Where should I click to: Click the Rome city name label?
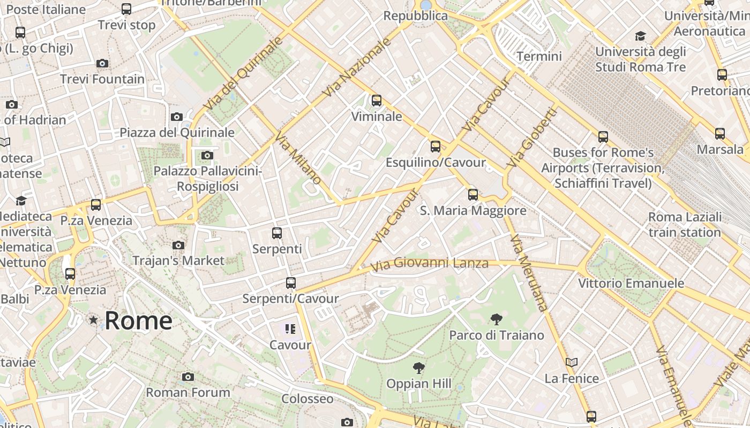pyautogui.click(x=138, y=320)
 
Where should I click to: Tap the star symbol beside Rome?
pyautogui.click(x=94, y=320)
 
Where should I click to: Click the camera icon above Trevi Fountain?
pyautogui.click(x=102, y=63)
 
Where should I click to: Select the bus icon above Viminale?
pyautogui.click(x=377, y=100)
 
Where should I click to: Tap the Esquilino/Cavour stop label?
pyautogui.click(x=436, y=162)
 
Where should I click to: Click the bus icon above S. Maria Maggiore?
pyautogui.click(x=473, y=194)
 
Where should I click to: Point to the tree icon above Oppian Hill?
pyautogui.click(x=419, y=368)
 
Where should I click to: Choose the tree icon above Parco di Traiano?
pyautogui.click(x=497, y=319)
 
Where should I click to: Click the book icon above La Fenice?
pyautogui.click(x=572, y=362)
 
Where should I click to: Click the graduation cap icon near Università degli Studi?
pyautogui.click(x=640, y=36)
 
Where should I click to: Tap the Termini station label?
pyautogui.click(x=539, y=56)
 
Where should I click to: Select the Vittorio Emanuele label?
pyautogui.click(x=631, y=283)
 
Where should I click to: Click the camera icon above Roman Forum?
pyautogui.click(x=187, y=377)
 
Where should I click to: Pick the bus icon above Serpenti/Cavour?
pyautogui.click(x=291, y=282)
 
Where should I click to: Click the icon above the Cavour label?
pyautogui.click(x=290, y=328)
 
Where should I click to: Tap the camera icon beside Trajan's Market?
pyautogui.click(x=178, y=245)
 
